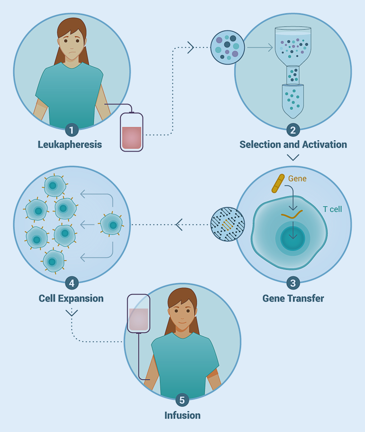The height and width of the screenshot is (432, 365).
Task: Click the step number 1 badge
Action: tap(72, 130)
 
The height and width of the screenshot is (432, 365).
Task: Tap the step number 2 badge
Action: tap(293, 130)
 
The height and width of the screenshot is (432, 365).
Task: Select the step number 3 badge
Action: tap(293, 283)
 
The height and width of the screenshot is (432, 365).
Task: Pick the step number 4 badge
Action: tap(72, 283)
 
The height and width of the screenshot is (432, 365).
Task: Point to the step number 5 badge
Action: tap(182, 400)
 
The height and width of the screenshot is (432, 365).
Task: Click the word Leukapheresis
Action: tap(70, 145)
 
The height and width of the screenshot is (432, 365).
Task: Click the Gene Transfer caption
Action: tap(293, 298)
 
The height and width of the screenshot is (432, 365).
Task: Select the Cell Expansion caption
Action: tap(71, 298)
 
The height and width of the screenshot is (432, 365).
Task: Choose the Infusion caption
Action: tap(182, 415)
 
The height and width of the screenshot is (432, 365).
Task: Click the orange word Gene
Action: tap(297, 178)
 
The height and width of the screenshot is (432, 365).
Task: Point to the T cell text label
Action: tap(332, 209)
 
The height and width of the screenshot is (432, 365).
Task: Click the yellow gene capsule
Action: tap(278, 184)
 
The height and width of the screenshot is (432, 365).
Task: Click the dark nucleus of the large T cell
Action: tap(293, 238)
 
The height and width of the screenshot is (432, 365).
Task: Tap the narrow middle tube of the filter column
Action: tap(293, 75)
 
